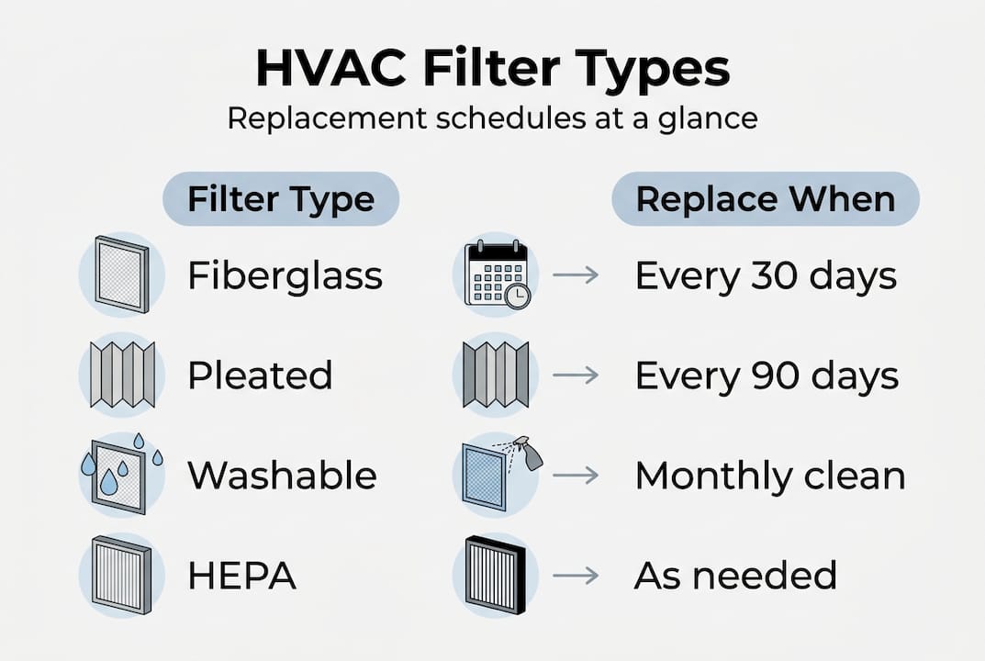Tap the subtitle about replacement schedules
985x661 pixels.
click(x=492, y=119)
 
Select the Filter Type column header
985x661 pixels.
click(x=281, y=199)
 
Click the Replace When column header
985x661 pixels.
click(x=766, y=199)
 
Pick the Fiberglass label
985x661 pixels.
click(x=285, y=274)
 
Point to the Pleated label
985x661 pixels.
click(x=260, y=375)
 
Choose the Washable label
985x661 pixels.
click(x=282, y=476)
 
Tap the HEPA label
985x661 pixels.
click(x=241, y=576)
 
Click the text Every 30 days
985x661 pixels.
click(x=766, y=274)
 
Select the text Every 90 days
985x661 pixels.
click(x=767, y=375)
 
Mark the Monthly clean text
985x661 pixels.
click(x=770, y=476)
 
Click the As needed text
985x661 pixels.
click(x=735, y=576)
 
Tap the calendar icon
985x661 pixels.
click(x=495, y=273)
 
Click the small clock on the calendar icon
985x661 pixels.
click(x=517, y=296)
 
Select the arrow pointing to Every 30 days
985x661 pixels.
click(x=576, y=274)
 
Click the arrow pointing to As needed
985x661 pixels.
click(x=576, y=576)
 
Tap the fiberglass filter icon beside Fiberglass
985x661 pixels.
click(x=121, y=273)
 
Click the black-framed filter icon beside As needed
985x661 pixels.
click(x=496, y=576)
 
